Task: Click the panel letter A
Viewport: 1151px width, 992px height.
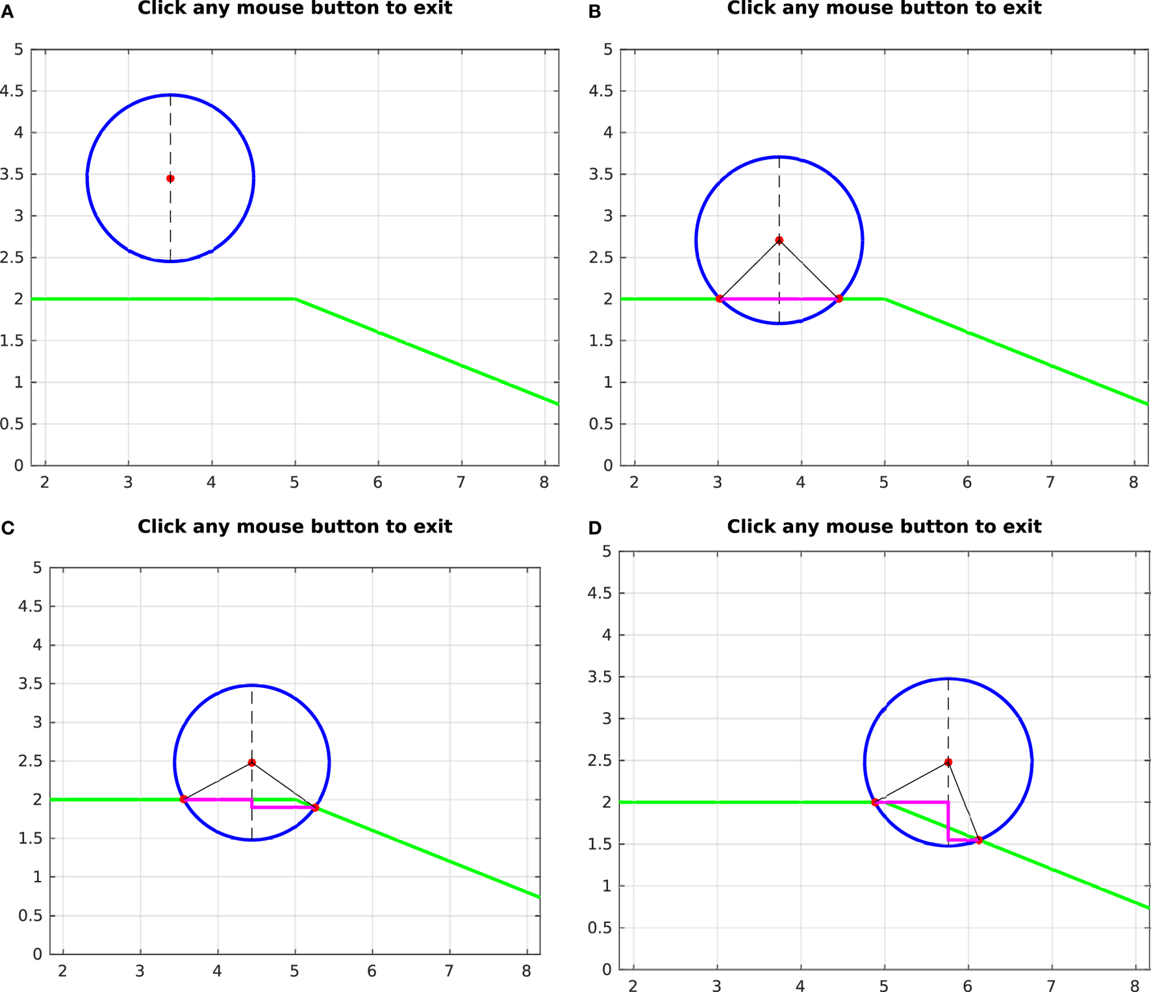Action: pyautogui.click(x=7, y=12)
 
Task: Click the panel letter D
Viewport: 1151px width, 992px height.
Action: pyautogui.click(x=594, y=528)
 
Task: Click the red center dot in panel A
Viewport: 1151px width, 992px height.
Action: pyautogui.click(x=170, y=178)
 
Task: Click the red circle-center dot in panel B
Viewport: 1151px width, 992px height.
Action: pyautogui.click(x=779, y=240)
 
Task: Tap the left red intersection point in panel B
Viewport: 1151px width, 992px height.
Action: pyautogui.click(x=720, y=299)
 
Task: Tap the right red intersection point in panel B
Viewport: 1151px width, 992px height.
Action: pyautogui.click(x=839, y=299)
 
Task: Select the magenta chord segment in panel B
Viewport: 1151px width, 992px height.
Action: pyautogui.click(x=779, y=299)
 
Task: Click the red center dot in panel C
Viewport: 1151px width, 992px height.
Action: pyautogui.click(x=252, y=762)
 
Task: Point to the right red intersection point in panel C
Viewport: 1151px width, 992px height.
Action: pyautogui.click(x=315, y=808)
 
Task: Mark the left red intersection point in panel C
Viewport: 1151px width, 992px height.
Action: pyautogui.click(x=184, y=799)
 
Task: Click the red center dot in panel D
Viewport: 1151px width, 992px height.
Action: pyautogui.click(x=948, y=762)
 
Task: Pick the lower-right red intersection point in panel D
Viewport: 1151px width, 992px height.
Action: pyautogui.click(x=979, y=840)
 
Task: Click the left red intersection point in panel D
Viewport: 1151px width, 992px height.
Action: pyautogui.click(x=875, y=802)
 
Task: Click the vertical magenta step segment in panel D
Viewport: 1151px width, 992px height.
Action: pyautogui.click(x=948, y=822)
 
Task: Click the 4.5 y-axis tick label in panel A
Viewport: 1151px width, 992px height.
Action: pyautogui.click(x=12, y=91)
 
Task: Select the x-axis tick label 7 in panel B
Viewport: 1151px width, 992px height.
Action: pyautogui.click(x=1050, y=483)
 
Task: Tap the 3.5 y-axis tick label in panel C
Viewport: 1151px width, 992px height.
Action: pyautogui.click(x=30, y=683)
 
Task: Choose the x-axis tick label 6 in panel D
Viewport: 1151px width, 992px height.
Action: pyautogui.click(x=967, y=986)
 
